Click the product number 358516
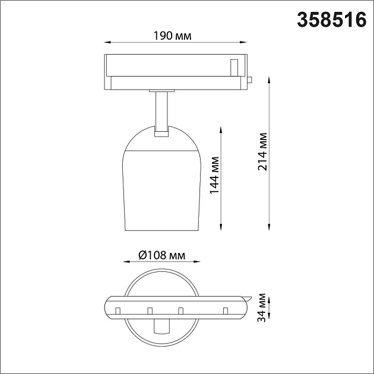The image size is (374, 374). point(331,20)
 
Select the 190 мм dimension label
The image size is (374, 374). point(172,36)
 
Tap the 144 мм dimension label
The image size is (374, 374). point(215,175)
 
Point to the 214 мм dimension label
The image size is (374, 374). point(262,151)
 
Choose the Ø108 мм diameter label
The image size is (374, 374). point(161,255)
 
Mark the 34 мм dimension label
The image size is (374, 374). point(262,308)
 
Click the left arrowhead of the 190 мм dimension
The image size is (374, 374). point(108,43)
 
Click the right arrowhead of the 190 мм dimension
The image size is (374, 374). point(243,43)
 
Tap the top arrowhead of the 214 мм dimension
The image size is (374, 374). point(269,80)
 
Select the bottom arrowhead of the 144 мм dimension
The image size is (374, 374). point(221,227)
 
